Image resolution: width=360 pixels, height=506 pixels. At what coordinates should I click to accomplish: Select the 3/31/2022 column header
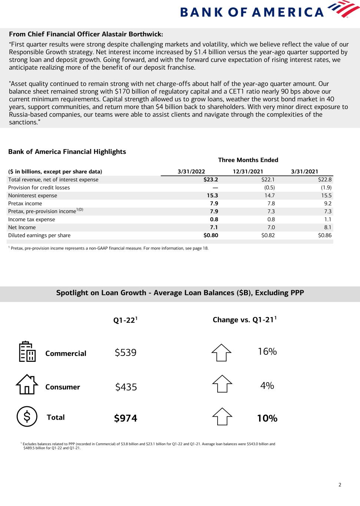pyautogui.click(x=191, y=171)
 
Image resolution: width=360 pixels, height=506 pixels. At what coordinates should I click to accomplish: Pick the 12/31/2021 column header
pyautogui.click(x=248, y=171)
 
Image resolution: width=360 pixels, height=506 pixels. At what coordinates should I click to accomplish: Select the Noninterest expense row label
pyautogui.click(x=33, y=195)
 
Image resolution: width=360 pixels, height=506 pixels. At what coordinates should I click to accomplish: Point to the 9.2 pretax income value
pyautogui.click(x=327, y=204)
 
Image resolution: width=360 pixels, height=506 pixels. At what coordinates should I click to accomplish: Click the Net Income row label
pyautogui.click(x=22, y=227)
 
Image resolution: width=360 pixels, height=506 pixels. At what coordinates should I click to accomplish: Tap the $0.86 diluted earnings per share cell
pyautogui.click(x=324, y=235)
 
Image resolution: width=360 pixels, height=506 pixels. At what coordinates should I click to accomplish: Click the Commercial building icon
pyautogui.click(x=27, y=351)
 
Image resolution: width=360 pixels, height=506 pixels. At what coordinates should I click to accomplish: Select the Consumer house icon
pyautogui.click(x=27, y=384)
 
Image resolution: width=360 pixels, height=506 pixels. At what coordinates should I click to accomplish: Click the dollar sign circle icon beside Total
pyautogui.click(x=27, y=416)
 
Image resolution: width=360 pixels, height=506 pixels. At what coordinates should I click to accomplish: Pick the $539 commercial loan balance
pyautogui.click(x=126, y=353)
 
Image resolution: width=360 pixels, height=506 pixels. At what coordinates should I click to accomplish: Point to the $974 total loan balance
pyautogui.click(x=126, y=418)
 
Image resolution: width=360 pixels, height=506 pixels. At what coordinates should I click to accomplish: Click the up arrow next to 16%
pyautogui.click(x=221, y=352)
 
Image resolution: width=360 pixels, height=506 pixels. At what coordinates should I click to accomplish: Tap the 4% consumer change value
pyautogui.click(x=267, y=386)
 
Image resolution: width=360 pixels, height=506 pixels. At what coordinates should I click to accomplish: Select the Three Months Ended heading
pyautogui.click(x=248, y=160)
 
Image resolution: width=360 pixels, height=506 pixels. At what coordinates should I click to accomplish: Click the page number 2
pyautogui.click(x=340, y=484)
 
